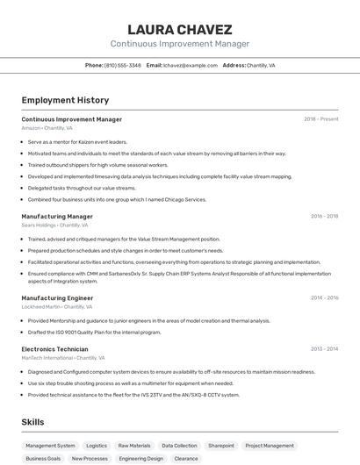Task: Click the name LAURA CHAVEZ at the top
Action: point(180,29)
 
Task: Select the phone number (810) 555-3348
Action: point(122,65)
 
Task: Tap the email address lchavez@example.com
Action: point(190,65)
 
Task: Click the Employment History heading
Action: point(65,100)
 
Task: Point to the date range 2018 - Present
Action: point(320,119)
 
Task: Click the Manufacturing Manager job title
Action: point(57,216)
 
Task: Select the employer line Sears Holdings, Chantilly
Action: point(54,225)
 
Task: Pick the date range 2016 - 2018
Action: point(324,216)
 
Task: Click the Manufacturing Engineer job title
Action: point(57,298)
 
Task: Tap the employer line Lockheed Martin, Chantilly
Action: point(57,307)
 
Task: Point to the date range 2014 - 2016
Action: point(324,298)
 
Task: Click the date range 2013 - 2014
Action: point(324,349)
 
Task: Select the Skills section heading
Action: point(33,422)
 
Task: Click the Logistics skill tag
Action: point(97,446)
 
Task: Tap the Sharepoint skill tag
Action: point(220,446)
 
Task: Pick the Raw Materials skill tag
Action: point(134,446)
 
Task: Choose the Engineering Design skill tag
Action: point(141,459)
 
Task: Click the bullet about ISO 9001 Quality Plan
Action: point(94,333)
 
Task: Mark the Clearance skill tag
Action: point(186,459)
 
